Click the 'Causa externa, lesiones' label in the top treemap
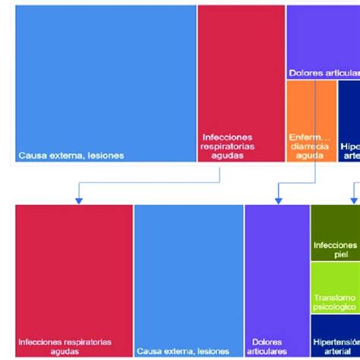[x=71, y=156]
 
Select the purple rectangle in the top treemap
[x=323, y=38]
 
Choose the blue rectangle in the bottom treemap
[x=188, y=273]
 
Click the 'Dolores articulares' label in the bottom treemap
[x=267, y=346]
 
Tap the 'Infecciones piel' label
[x=335, y=250]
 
